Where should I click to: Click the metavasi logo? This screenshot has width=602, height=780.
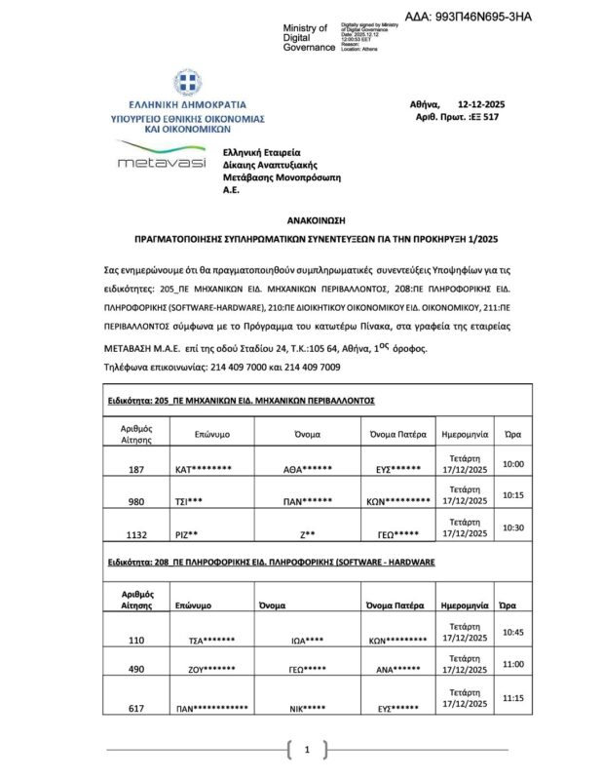161,158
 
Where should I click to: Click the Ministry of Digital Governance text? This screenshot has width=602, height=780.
305,38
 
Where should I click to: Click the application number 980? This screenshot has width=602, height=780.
136,502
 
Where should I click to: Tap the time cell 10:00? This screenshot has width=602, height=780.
512,463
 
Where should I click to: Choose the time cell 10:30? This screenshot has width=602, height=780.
512,527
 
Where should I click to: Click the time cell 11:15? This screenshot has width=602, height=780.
512,697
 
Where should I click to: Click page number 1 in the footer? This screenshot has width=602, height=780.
307,750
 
